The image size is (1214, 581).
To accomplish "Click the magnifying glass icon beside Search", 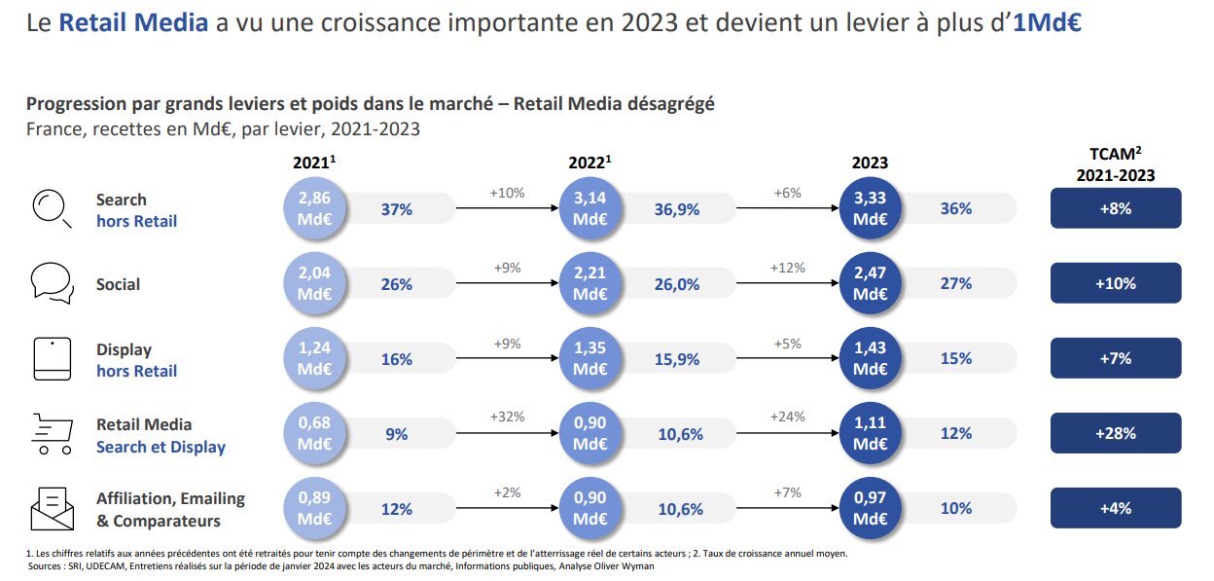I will [52, 208].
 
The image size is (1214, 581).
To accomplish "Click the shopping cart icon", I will [52, 434].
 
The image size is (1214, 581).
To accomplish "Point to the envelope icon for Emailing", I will [52, 508].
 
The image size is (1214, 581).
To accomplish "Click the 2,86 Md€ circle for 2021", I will [314, 208].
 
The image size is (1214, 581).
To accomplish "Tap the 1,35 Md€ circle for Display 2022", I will [590, 359].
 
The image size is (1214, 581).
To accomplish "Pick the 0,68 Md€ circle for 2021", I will [314, 434].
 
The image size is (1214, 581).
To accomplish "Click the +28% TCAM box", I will [1116, 434].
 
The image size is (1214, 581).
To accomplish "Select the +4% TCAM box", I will [1116, 508].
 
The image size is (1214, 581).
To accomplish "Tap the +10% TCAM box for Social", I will [1116, 283].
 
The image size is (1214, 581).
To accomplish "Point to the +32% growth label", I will [506, 417].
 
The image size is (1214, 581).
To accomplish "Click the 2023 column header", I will [871, 163].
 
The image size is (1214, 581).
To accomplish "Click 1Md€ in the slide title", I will [1048, 22].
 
